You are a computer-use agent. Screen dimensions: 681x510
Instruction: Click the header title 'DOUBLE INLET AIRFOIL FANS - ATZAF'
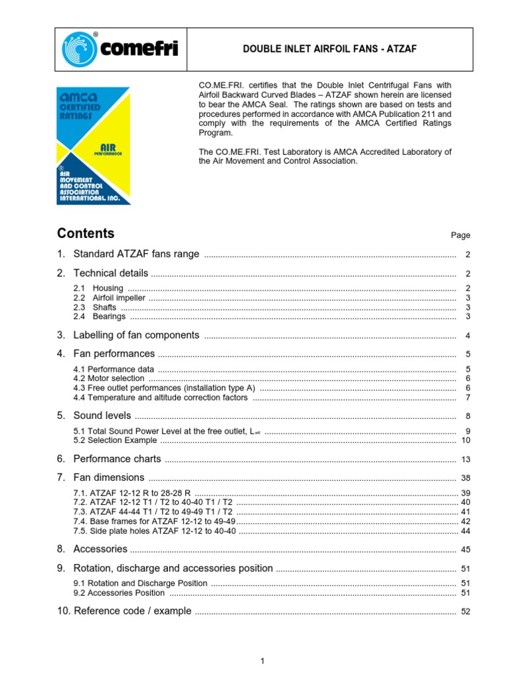click(x=329, y=49)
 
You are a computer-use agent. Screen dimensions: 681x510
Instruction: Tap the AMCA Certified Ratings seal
click(x=94, y=145)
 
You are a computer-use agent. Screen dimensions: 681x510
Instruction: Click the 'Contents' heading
click(x=86, y=233)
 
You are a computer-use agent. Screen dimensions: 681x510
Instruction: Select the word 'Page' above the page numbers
click(x=460, y=235)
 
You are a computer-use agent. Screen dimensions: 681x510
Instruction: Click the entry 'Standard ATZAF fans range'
click(x=136, y=254)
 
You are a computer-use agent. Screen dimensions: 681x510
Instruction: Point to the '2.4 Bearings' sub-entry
click(x=99, y=317)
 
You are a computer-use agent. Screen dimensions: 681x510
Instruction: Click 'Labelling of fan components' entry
click(x=136, y=335)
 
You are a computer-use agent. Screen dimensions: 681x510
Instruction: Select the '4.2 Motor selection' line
click(x=109, y=378)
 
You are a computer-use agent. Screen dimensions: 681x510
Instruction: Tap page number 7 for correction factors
click(x=467, y=398)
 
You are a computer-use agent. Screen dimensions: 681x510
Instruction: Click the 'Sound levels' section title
click(x=102, y=416)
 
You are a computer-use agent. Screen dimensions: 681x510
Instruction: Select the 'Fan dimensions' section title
click(x=109, y=477)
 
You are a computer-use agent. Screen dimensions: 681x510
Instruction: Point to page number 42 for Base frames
click(x=465, y=521)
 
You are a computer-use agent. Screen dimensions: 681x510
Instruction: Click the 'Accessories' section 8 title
click(x=100, y=549)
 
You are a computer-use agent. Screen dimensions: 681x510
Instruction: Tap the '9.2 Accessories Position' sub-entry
click(x=119, y=593)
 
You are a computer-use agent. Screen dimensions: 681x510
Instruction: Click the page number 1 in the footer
click(x=263, y=660)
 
